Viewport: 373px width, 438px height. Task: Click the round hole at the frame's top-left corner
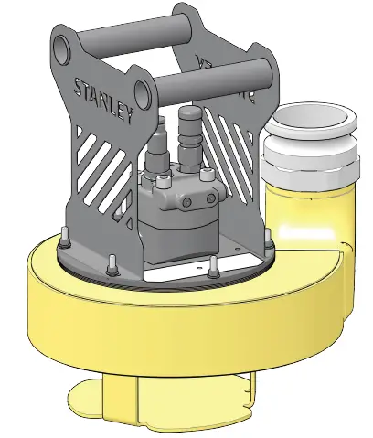(x=62, y=44)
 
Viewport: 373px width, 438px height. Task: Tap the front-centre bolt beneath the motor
(x=212, y=266)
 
